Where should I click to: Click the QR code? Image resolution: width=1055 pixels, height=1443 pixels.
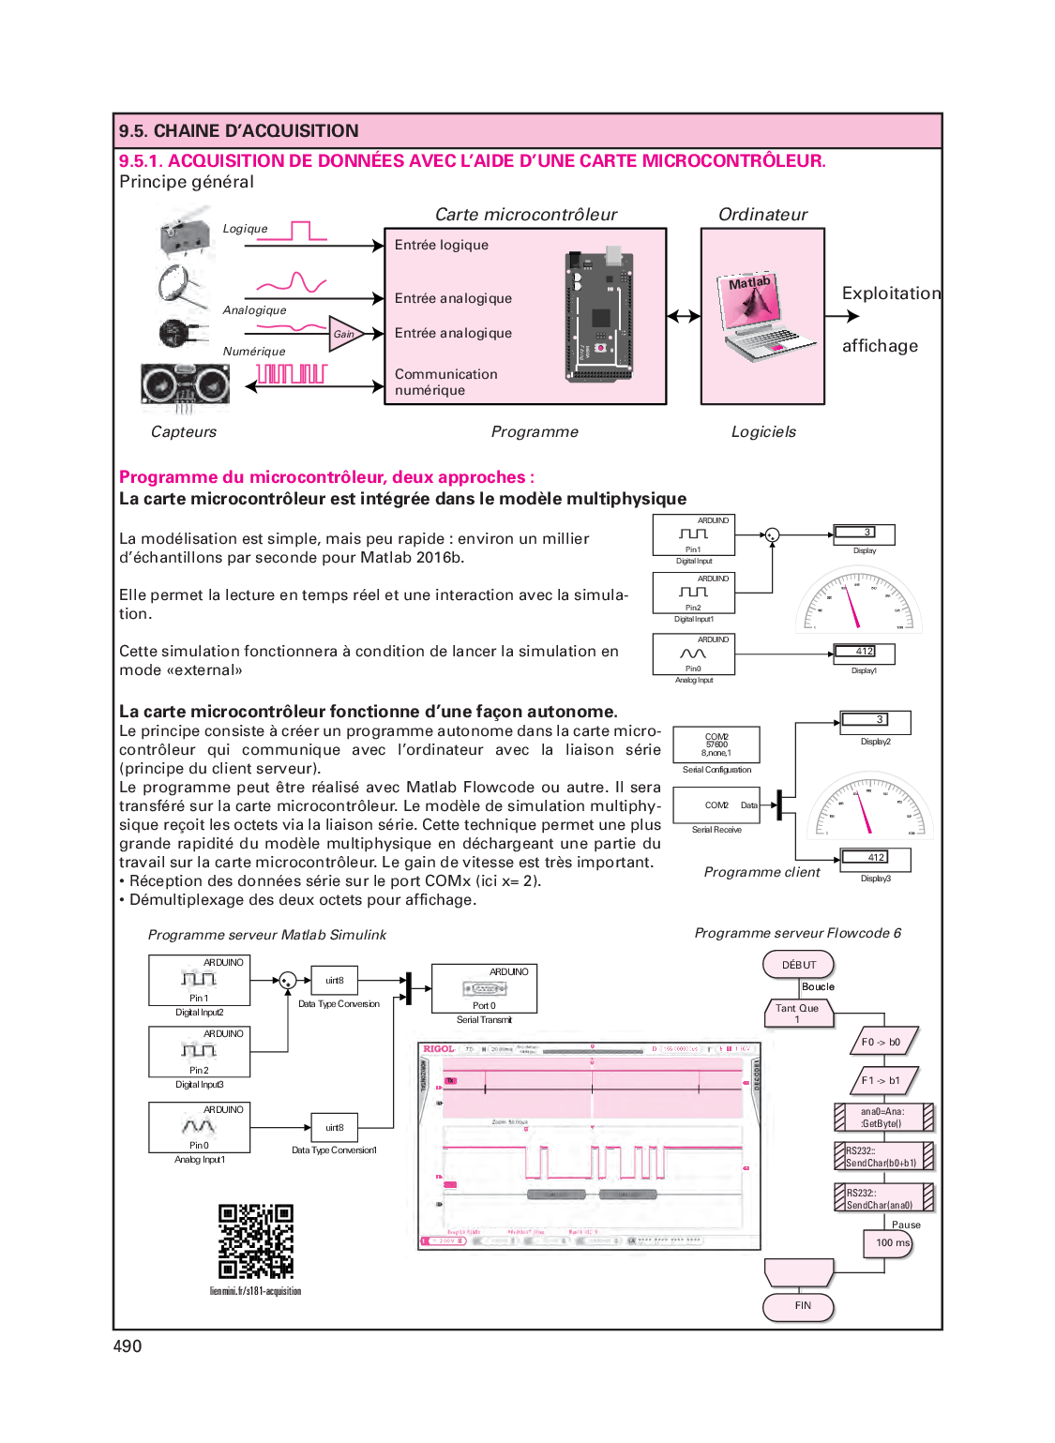[x=255, y=1240]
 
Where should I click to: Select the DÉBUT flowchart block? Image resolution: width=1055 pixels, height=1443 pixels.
[x=799, y=965]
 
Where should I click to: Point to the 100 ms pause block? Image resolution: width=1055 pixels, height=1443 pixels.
[x=888, y=1243]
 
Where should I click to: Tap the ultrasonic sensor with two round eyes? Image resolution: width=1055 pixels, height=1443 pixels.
[x=186, y=384]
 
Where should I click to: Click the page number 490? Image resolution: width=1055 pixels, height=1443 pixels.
[x=128, y=1346]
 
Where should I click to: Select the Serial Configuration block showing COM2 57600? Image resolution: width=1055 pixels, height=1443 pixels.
[x=716, y=745]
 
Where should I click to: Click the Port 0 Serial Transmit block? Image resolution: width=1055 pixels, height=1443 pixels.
[x=484, y=988]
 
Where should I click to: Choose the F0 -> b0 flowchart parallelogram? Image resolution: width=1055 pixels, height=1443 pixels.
[x=882, y=1042]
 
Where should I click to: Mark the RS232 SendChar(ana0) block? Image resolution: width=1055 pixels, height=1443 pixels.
[x=883, y=1198]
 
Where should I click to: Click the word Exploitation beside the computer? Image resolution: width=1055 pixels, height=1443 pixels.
[x=891, y=293]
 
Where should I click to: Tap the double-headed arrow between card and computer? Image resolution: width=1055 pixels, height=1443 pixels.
[x=684, y=316]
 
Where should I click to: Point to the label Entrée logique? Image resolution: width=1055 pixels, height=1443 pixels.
[x=442, y=246]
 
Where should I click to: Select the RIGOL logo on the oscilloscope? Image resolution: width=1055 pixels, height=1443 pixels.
[x=438, y=1049]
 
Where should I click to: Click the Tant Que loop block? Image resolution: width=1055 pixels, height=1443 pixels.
[x=798, y=1014]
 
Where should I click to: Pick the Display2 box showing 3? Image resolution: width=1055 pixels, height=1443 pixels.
[x=875, y=721]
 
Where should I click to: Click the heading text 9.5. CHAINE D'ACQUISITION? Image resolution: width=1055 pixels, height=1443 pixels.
[x=239, y=131]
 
